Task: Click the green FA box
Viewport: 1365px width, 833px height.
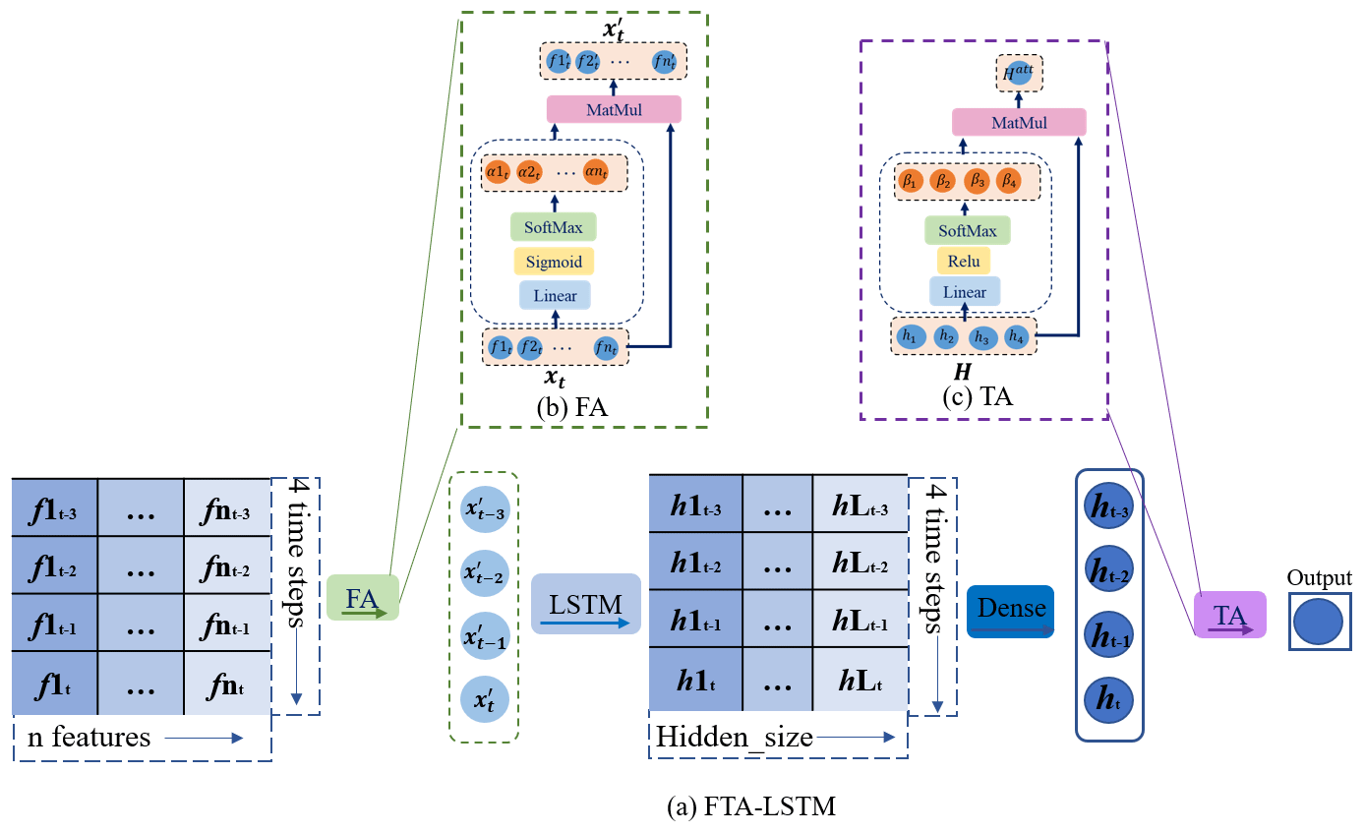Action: (362, 597)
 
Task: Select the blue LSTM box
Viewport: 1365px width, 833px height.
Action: (585, 605)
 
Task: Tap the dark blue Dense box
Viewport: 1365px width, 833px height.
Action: (1010, 611)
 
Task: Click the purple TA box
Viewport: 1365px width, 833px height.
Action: (1229, 616)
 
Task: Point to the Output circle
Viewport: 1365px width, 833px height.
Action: (1319, 623)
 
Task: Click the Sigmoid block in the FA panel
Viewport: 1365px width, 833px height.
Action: (554, 262)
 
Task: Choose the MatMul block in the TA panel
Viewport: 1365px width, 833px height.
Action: (1019, 122)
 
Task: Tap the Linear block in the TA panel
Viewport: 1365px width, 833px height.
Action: (964, 292)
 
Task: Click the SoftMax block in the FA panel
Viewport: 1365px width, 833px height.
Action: (554, 228)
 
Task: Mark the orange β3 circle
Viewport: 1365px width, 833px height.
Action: (976, 181)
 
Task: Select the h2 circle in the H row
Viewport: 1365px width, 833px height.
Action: (945, 336)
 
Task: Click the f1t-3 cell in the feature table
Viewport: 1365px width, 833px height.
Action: (54, 507)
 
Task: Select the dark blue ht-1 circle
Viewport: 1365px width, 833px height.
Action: (1109, 632)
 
